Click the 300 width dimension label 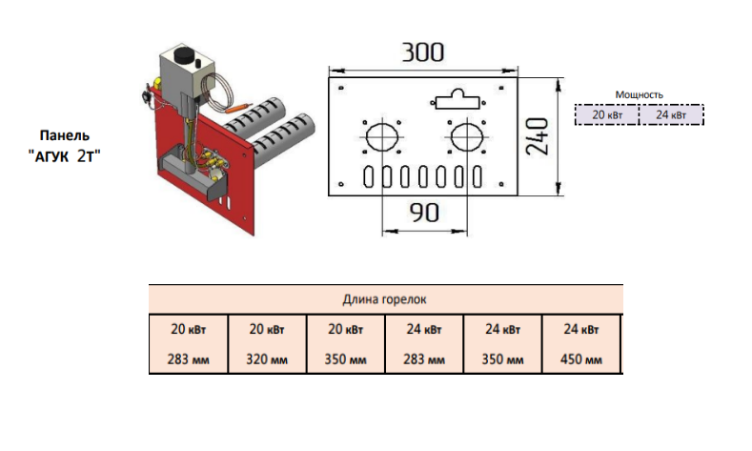click(422, 52)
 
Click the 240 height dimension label click(538, 136)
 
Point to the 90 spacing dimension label click(424, 213)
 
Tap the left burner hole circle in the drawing click(382, 137)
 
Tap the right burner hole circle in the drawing click(467, 137)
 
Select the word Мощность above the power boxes click(639, 95)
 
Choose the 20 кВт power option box click(607, 115)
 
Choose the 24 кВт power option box click(671, 115)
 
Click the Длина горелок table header click(385, 299)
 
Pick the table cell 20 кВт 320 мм click(267, 344)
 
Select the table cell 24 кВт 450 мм click(581, 344)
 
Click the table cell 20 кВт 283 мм click(189, 344)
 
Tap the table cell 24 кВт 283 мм click(424, 344)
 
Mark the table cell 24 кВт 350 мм click(502, 344)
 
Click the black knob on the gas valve click(184, 55)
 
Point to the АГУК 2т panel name click(65, 156)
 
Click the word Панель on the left click(64, 135)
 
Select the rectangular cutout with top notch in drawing click(457, 99)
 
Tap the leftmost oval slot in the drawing click(368, 176)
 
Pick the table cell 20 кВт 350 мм click(345, 344)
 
